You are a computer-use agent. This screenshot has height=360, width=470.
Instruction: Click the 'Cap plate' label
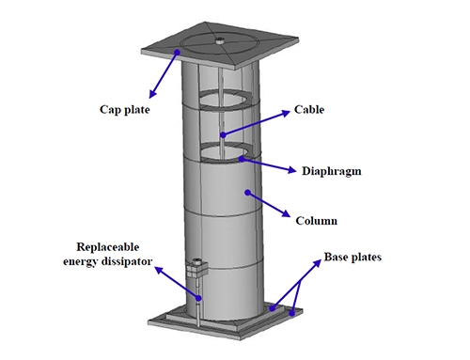click(x=125, y=110)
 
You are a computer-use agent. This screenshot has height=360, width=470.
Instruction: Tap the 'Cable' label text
click(x=309, y=109)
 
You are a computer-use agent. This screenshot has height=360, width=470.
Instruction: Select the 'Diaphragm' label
click(x=332, y=171)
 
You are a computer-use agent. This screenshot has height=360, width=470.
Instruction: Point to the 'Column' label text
click(x=317, y=221)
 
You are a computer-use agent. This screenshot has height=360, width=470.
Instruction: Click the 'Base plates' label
click(x=352, y=257)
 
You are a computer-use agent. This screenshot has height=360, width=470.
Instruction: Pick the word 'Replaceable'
click(x=108, y=247)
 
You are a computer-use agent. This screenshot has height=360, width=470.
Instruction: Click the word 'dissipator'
click(x=129, y=261)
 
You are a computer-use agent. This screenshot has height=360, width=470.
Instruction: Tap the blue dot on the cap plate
click(x=177, y=52)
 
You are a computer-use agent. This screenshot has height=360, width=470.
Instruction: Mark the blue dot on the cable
click(x=223, y=134)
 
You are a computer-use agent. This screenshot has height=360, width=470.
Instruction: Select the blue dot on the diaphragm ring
click(x=242, y=159)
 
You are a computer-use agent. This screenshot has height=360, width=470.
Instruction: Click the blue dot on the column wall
click(x=248, y=193)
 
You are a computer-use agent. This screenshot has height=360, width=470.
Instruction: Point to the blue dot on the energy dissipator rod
click(x=198, y=298)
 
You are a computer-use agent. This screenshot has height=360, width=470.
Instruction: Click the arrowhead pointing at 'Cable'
click(x=287, y=113)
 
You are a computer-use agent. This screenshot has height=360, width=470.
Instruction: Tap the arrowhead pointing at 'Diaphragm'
click(x=292, y=170)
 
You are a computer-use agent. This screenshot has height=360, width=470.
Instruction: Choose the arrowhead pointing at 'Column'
click(x=286, y=213)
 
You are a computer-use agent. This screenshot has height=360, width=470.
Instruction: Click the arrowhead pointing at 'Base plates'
click(x=318, y=263)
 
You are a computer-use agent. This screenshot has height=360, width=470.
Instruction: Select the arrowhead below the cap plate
click(x=152, y=94)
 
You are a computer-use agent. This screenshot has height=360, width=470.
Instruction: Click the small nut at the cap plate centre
click(x=220, y=40)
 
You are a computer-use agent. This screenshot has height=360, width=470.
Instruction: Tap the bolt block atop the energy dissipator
click(x=196, y=267)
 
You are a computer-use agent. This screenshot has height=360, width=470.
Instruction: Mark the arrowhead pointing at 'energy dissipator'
click(x=160, y=271)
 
